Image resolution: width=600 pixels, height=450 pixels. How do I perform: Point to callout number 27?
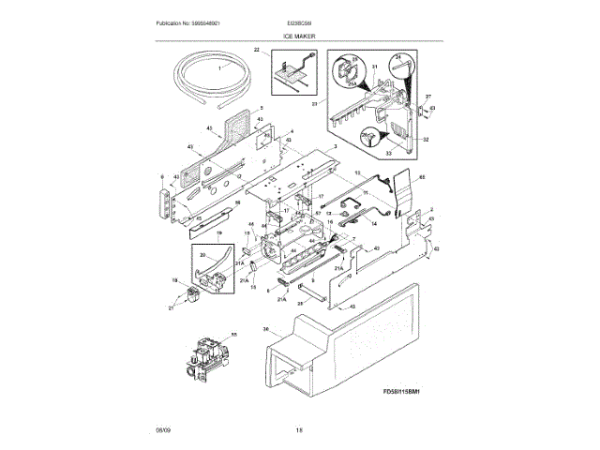click(x=427, y=97)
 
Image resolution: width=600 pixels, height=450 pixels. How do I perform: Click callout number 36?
click(x=267, y=329)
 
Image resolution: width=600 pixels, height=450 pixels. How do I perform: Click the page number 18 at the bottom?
click(x=299, y=429)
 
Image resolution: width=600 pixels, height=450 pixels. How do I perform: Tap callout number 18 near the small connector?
click(x=174, y=280)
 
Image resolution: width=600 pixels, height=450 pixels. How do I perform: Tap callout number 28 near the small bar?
click(x=301, y=304)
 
